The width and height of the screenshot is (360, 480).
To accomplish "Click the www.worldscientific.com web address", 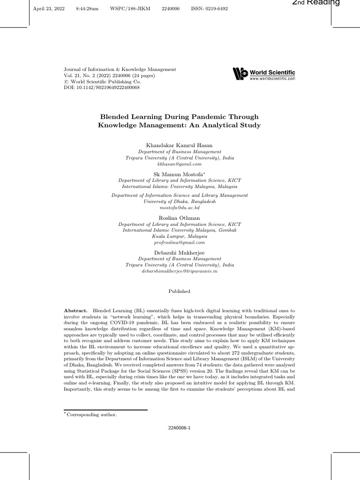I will click(x=272, y=79).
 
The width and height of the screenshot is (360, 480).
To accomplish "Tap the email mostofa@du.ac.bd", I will click(x=180, y=207).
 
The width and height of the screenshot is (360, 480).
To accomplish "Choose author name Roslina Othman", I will click(x=180, y=218).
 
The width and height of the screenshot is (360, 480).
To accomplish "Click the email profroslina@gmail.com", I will click(x=180, y=243).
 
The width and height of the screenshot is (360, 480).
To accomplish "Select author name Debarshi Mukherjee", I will click(x=180, y=253).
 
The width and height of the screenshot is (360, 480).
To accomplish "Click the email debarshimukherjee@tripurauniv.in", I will click(x=180, y=271).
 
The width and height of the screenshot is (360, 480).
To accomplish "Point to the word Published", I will click(x=180, y=291).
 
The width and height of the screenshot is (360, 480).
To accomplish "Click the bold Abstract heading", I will click(x=76, y=311).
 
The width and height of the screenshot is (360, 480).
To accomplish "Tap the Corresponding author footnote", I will click(x=92, y=414).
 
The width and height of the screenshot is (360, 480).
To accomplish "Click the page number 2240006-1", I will click(x=180, y=428).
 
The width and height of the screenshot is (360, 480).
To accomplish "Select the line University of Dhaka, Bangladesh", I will click(x=180, y=201).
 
